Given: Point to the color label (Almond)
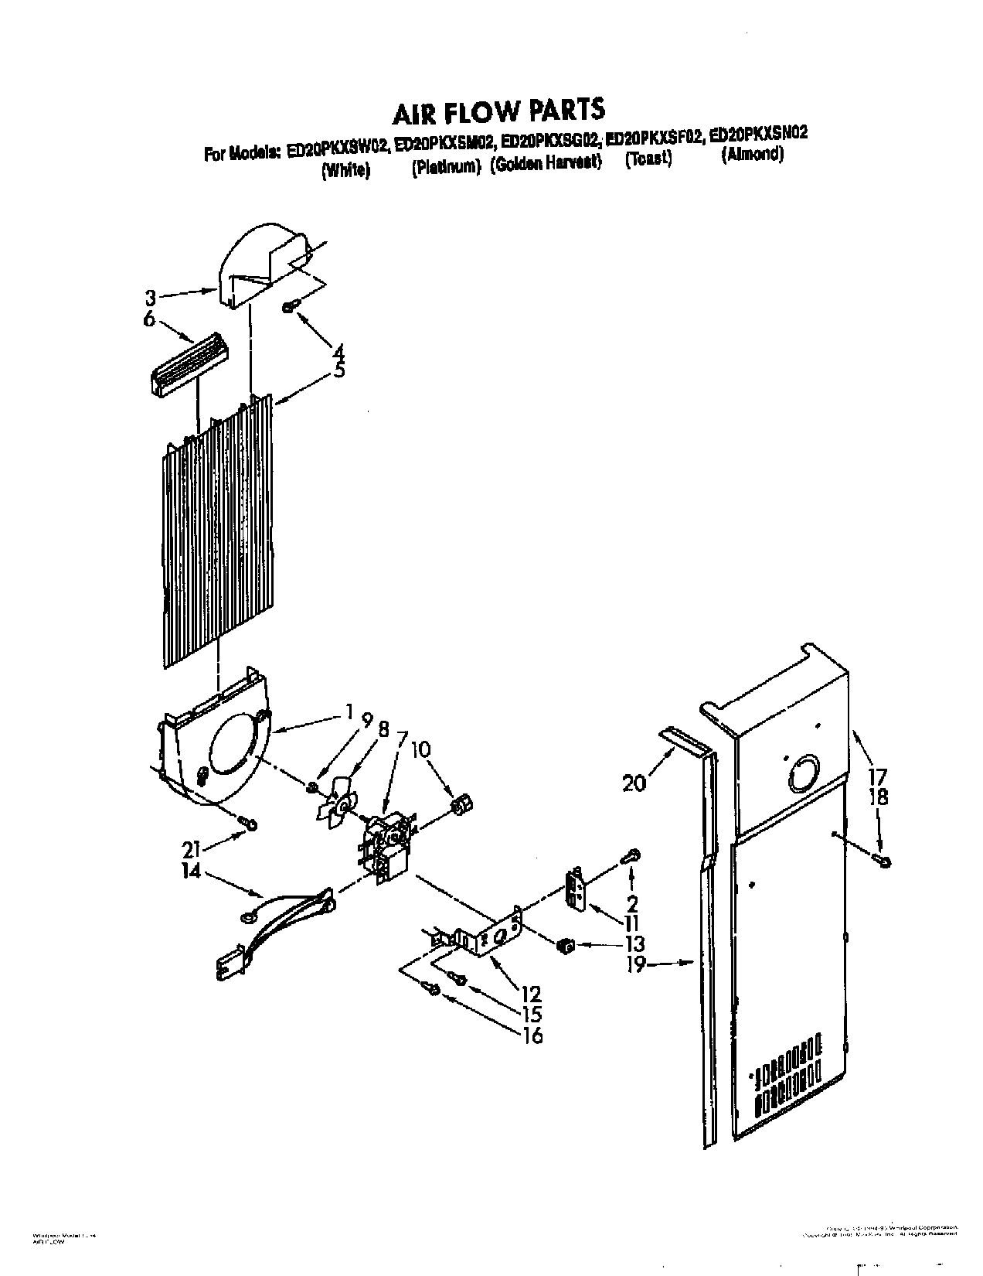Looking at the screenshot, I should [x=752, y=154].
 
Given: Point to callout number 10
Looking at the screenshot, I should [x=421, y=751].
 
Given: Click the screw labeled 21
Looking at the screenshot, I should [x=247, y=823].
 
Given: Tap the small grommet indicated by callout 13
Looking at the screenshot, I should [x=566, y=945].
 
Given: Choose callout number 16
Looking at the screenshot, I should [x=532, y=1035].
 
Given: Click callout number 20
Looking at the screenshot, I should [x=634, y=784].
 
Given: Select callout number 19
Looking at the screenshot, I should [x=635, y=965].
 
